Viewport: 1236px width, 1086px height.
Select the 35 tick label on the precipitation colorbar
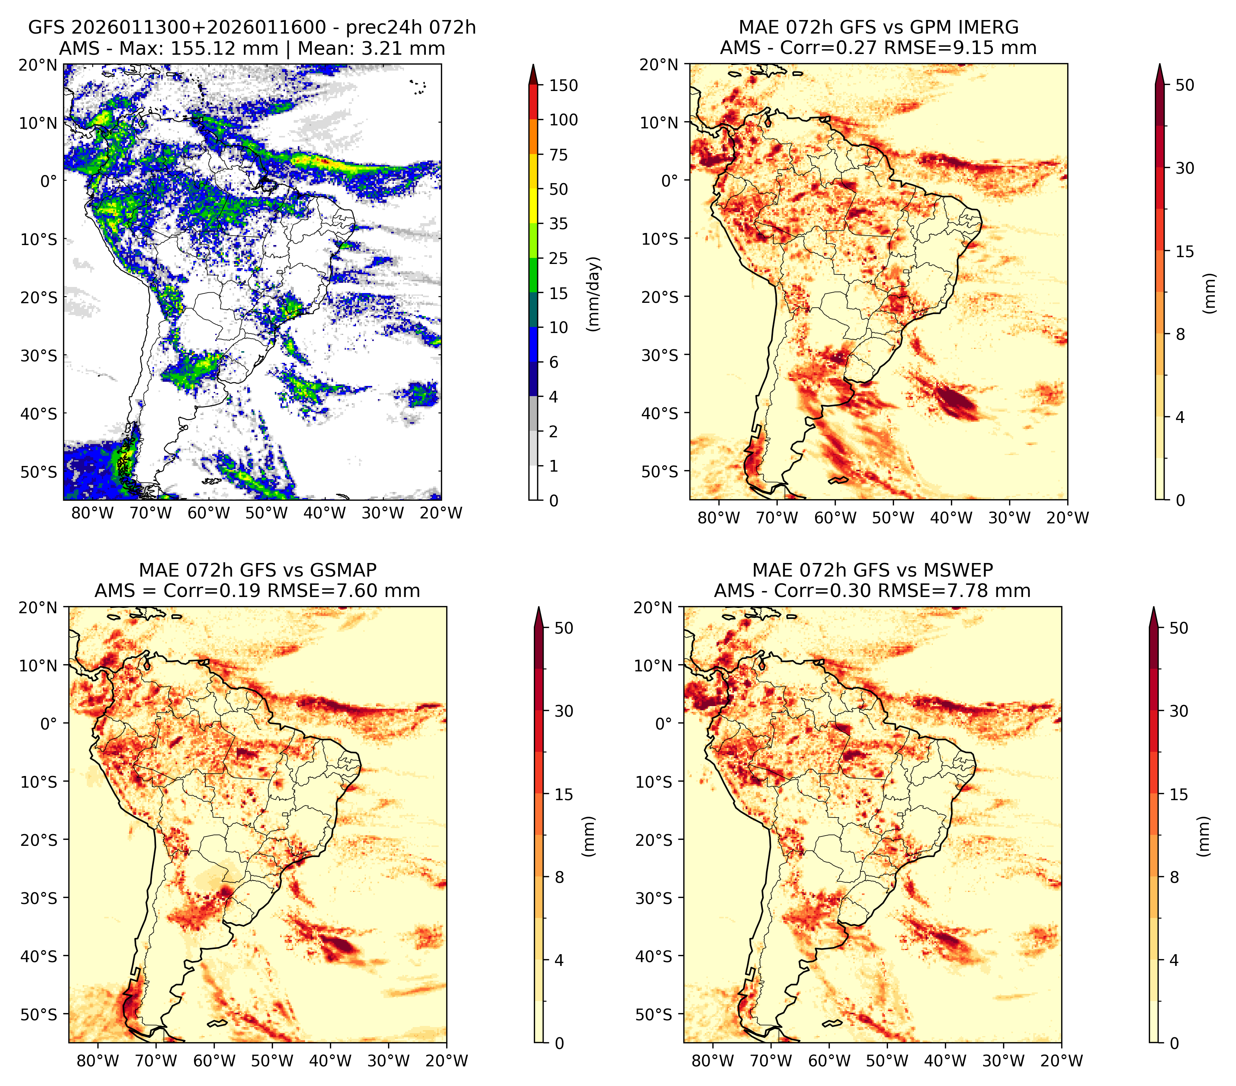(x=559, y=224)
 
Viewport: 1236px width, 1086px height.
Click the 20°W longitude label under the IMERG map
(x=1067, y=518)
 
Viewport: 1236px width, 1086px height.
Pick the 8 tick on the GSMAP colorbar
(x=559, y=877)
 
